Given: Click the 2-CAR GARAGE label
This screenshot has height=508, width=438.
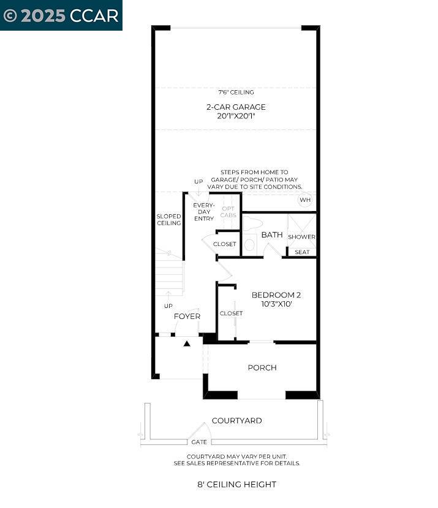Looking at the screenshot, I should (236, 107).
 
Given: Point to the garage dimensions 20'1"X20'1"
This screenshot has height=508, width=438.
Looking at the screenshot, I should (236, 116).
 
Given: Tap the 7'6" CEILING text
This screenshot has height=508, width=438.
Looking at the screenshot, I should (236, 93).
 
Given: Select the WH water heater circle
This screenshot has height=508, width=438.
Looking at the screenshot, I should (305, 200).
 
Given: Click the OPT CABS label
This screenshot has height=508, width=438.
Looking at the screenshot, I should (228, 212).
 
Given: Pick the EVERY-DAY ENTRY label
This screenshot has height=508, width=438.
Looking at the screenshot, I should (203, 212).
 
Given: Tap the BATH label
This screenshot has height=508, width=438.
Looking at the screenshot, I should (271, 235).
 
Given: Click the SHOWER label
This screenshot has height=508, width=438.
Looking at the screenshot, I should (301, 237).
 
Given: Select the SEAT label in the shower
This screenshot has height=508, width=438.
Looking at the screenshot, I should (302, 252).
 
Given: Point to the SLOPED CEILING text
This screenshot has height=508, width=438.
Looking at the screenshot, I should (168, 220).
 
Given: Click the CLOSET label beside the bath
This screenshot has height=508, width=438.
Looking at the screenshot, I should (224, 244).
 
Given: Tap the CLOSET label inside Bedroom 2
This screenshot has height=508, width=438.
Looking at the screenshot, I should (231, 314).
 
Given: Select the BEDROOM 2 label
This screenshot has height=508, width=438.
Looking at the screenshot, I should (276, 295).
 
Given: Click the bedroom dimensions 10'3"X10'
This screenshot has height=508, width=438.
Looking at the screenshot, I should (276, 304).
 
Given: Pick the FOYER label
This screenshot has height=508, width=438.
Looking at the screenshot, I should (187, 317).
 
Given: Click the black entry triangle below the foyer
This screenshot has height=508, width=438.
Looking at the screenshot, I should (187, 344).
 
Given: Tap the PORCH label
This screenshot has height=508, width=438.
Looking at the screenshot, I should (262, 368).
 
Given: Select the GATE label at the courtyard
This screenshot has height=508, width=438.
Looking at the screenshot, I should (199, 442).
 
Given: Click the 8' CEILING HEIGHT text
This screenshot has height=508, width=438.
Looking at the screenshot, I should (236, 485).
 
